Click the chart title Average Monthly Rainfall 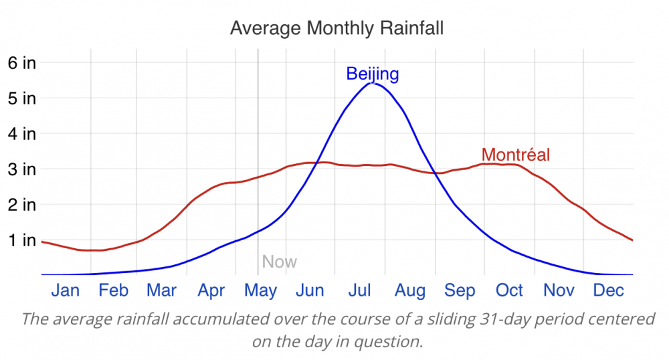pos(337,29)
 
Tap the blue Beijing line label pos(372,74)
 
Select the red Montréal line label pos(515,155)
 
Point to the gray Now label pos(279,262)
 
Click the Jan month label pos(65,290)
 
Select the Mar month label pos(161,290)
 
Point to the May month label pos(260,290)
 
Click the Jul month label pos(360,290)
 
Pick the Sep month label pos(460,290)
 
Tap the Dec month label pos(609,290)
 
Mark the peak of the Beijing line pos(373,83)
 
